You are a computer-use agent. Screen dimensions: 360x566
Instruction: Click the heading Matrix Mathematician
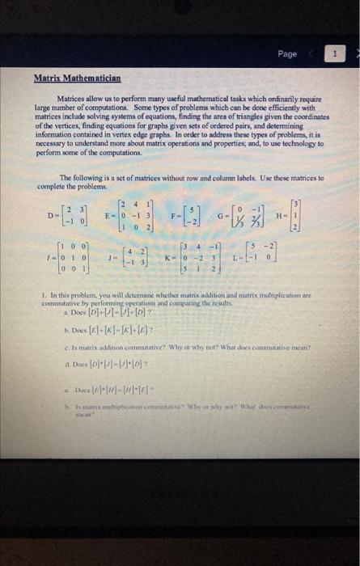pos(77,79)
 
